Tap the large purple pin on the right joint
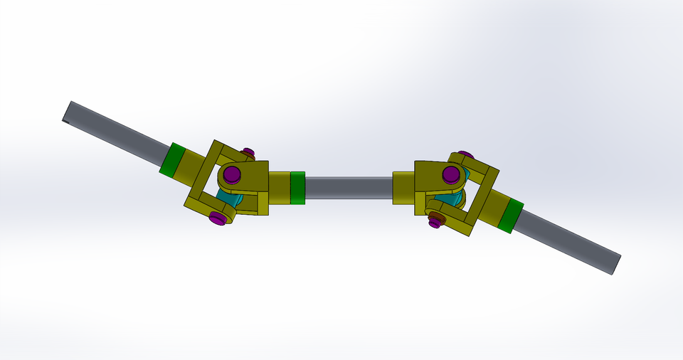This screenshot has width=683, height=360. [450, 174]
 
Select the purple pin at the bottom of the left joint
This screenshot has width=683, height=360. [218, 218]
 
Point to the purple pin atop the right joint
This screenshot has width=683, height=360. [465, 154]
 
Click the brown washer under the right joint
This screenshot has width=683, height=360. [435, 216]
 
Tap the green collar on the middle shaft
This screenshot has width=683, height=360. [297, 188]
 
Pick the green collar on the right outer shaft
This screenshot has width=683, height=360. [510, 216]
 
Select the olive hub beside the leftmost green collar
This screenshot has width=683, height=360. [191, 169]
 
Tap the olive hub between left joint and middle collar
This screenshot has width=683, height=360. [279, 188]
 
